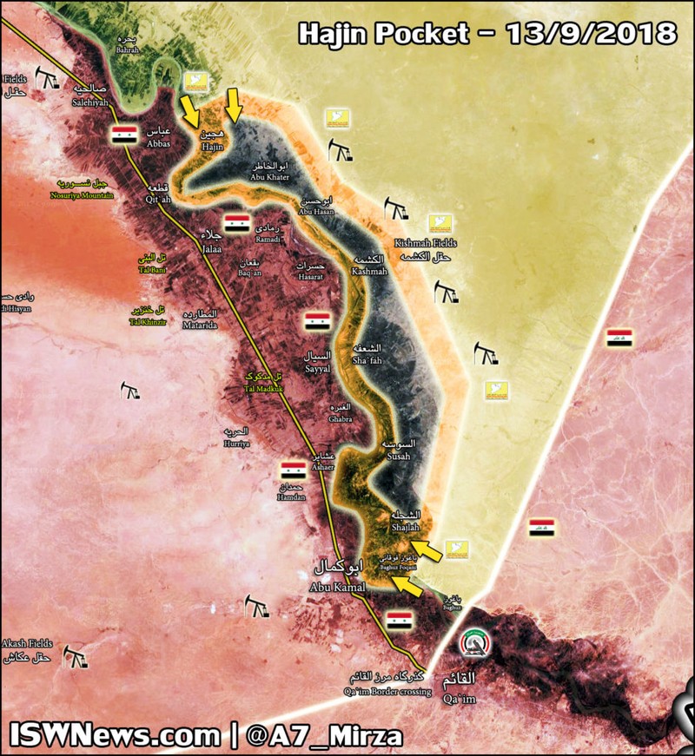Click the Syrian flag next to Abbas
tap(125, 135)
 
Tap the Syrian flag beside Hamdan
tap(293, 471)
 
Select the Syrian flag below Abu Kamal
tap(399, 620)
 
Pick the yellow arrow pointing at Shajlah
tap(426, 549)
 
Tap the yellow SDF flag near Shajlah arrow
tap(457, 549)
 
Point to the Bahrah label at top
tap(128, 46)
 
